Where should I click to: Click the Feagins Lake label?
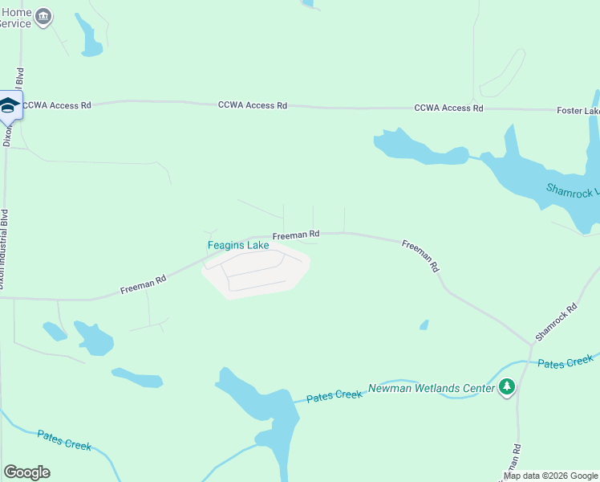click(x=238, y=245)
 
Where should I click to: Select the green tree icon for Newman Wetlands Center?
click(x=506, y=388)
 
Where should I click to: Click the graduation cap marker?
click(x=9, y=105)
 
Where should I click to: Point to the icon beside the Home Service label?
click(x=44, y=15)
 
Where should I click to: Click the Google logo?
click(x=26, y=472)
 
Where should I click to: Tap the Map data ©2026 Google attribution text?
click(x=550, y=476)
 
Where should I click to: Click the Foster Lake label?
click(x=578, y=110)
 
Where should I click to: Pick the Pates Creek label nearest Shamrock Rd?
click(x=565, y=363)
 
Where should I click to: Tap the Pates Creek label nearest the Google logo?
click(x=64, y=440)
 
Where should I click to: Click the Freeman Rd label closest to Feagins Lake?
click(x=295, y=235)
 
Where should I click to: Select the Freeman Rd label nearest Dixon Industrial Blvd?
click(x=143, y=284)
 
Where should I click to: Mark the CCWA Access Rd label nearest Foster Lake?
click(x=448, y=108)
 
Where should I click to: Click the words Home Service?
click(x=16, y=18)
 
